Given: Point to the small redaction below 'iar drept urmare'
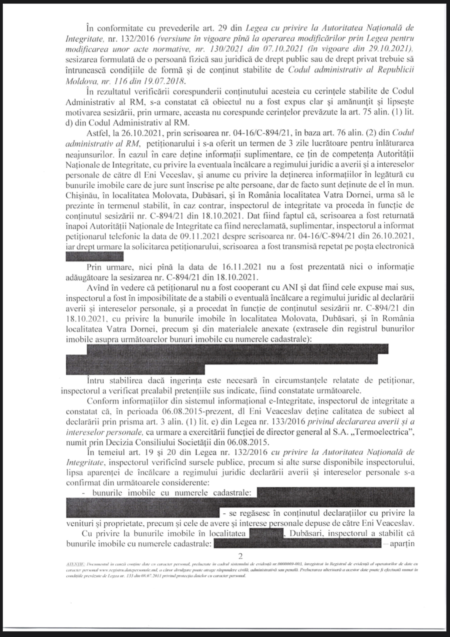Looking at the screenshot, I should [94, 257].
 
